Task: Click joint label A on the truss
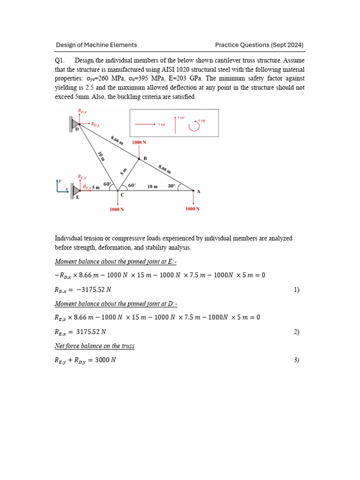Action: (x=199, y=192)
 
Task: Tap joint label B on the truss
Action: (x=145, y=159)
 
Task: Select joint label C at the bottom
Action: (x=122, y=195)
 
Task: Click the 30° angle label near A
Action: (x=172, y=186)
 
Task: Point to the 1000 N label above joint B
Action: (x=139, y=142)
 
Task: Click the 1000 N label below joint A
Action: (x=193, y=209)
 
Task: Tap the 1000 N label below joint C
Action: (x=117, y=210)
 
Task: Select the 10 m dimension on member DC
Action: (x=101, y=156)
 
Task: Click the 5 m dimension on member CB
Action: (x=124, y=172)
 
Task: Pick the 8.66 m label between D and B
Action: (x=117, y=140)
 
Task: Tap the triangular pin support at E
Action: (x=76, y=189)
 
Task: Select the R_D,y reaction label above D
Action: (x=82, y=111)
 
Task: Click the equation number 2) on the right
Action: (x=296, y=332)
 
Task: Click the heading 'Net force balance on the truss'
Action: (x=95, y=346)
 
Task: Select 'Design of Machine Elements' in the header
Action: (x=97, y=45)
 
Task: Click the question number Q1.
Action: (x=59, y=60)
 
